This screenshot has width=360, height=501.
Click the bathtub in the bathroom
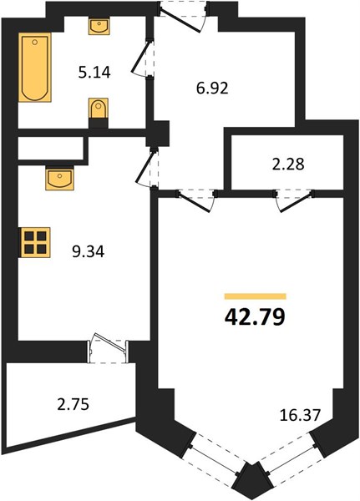tap(35, 67)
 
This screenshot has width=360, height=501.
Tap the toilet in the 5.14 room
tap(99, 113)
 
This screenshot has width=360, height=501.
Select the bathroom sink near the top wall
tap(99, 27)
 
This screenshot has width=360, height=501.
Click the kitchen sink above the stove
tap(60, 178)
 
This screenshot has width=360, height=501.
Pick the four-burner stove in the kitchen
tap(36, 242)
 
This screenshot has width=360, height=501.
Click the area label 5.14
tap(94, 73)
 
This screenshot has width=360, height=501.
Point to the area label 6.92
tap(212, 89)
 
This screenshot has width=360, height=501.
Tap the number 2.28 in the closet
tap(288, 164)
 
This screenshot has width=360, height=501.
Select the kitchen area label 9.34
tap(89, 252)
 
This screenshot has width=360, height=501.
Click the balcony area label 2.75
tap(74, 404)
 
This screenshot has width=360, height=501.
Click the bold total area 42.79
tap(255, 317)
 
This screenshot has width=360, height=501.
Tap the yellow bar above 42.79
tap(255, 296)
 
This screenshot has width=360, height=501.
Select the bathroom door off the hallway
tap(144, 58)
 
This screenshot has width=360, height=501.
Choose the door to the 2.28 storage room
tap(294, 200)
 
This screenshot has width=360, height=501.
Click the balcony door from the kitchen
tap(108, 348)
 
